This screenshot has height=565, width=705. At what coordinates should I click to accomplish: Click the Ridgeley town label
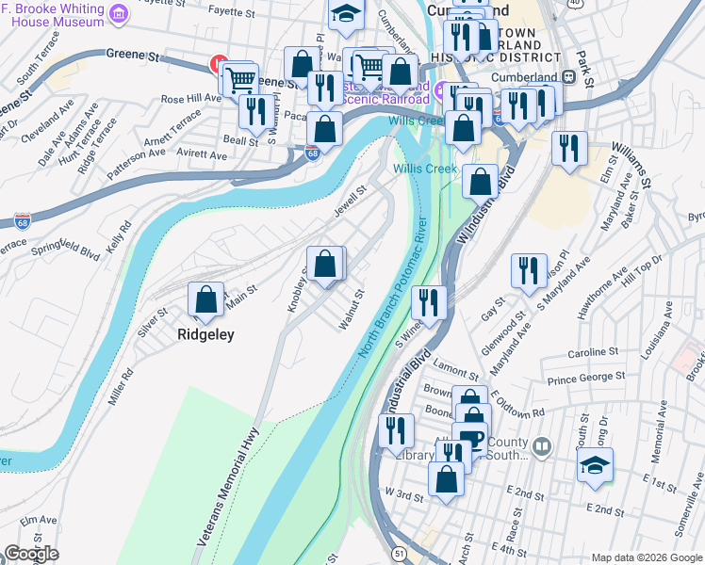[x=205, y=333]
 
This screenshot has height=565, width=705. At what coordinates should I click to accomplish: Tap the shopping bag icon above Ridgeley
[x=205, y=300]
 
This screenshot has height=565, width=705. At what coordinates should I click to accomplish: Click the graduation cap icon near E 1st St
[x=596, y=466]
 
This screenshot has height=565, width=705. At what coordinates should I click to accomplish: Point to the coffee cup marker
[x=469, y=440]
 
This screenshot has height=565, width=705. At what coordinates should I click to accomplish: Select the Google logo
[x=31, y=554]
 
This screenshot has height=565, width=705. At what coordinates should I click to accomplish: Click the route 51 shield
[x=402, y=555]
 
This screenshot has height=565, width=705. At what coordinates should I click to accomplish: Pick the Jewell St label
[x=349, y=201]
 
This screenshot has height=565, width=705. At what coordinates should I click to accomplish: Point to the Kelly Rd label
[x=120, y=241]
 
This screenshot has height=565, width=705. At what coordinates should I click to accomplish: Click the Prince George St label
[x=587, y=379]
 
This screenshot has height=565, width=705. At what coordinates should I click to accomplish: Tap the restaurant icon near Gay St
[x=529, y=271]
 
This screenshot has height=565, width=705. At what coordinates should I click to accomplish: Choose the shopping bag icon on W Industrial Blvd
[x=480, y=181]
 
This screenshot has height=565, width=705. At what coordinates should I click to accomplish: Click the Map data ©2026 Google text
[x=646, y=557]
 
